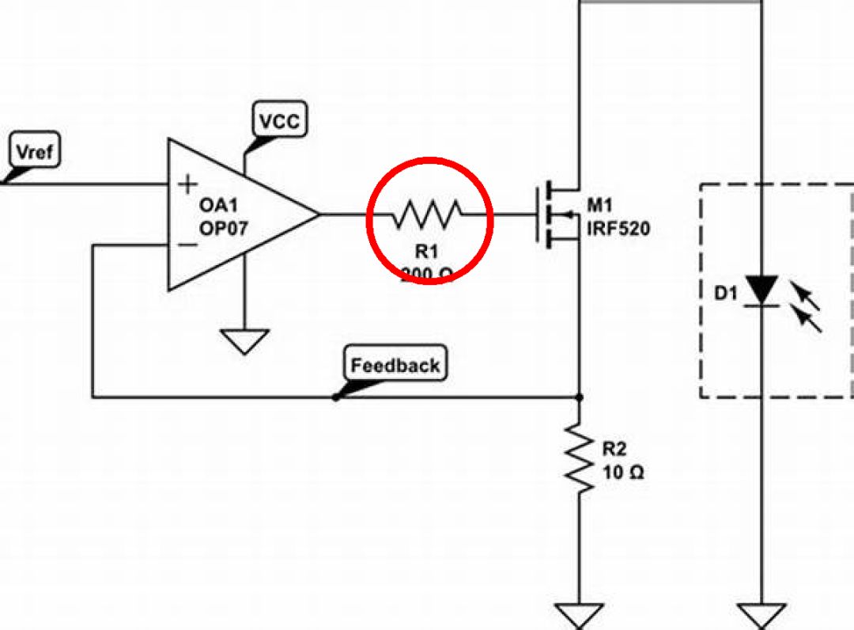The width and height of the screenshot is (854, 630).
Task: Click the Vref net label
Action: (x=36, y=151)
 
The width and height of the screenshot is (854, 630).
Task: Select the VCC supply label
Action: (x=281, y=121)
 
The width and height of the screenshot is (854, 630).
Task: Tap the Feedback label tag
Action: (x=395, y=365)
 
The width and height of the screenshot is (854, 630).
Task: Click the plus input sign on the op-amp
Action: (x=187, y=184)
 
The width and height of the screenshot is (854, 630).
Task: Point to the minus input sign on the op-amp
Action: (x=187, y=245)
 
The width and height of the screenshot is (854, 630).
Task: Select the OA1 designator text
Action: (x=217, y=206)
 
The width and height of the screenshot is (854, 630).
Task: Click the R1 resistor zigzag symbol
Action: (x=428, y=214)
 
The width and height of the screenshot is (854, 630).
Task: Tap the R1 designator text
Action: (x=426, y=252)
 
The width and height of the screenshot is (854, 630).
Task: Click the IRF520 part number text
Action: (x=618, y=230)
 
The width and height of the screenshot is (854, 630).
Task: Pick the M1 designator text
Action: (x=599, y=207)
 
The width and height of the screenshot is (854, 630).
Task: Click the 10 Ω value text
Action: (x=623, y=473)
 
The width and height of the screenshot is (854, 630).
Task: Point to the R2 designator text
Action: (x=614, y=450)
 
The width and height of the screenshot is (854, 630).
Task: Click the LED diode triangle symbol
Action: (x=762, y=290)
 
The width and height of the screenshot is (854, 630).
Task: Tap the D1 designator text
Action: (x=725, y=294)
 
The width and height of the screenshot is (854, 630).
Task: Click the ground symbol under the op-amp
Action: (x=244, y=341)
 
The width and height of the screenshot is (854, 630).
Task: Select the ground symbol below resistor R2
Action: (x=580, y=615)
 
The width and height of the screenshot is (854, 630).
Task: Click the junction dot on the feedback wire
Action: (x=580, y=397)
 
